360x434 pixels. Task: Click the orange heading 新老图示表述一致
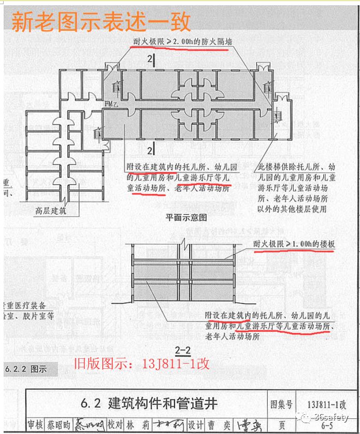click(x=102, y=22)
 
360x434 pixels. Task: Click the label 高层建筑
click(x=51, y=211)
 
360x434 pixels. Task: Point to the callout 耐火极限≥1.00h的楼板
click(x=293, y=243)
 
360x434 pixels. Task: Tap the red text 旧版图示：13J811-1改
click(x=140, y=363)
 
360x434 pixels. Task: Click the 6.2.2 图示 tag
click(x=25, y=370)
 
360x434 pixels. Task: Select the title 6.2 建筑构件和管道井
click(x=149, y=403)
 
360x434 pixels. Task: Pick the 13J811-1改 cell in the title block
click(x=326, y=403)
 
